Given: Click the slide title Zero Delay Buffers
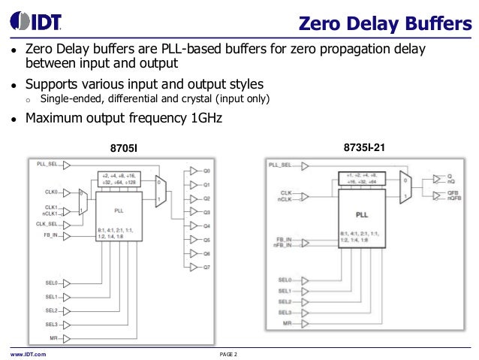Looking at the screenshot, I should point(380,23).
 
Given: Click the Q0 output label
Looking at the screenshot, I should point(206,171).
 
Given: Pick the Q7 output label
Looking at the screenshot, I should point(206,268).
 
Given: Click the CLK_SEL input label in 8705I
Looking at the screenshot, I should point(47,224).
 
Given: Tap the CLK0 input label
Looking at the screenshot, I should point(51,192).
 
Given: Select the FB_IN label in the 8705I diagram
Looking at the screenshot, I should point(50,236).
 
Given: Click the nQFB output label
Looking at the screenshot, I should point(453,201).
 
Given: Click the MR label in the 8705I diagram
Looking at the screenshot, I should point(53,338).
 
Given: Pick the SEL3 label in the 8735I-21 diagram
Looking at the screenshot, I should point(284,312).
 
